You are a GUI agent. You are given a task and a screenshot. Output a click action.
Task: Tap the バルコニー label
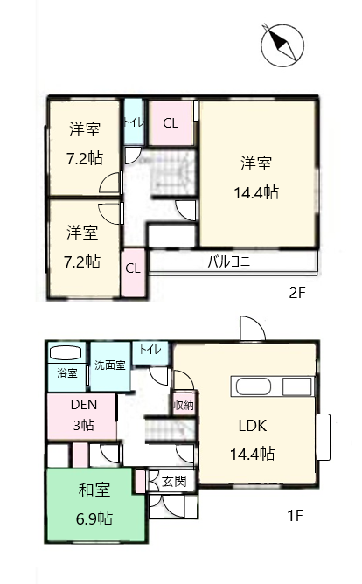tap(233, 262)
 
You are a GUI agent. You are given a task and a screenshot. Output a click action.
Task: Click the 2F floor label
tap(297, 293)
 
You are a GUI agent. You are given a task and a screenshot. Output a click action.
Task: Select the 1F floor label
tap(295, 516)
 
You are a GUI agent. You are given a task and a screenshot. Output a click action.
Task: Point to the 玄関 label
tap(174, 481)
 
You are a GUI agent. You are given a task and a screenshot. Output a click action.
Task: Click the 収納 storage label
tap(184, 405)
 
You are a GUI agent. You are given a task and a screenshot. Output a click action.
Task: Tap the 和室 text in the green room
tap(94, 490)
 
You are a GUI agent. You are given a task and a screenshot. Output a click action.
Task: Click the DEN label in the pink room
tap(84, 405)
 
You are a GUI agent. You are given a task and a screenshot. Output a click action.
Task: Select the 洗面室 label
tap(110, 365)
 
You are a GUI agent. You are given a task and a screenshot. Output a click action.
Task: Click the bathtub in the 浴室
tap(66, 353)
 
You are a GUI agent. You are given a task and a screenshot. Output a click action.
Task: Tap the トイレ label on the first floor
tap(150, 350)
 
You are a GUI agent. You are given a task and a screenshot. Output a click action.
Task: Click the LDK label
tap(253, 426)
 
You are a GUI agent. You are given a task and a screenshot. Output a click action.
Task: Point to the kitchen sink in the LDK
tap(253, 386)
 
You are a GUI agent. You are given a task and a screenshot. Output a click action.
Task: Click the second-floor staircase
tap(172, 173)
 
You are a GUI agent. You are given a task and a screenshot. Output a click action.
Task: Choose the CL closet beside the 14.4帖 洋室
tap(171, 123)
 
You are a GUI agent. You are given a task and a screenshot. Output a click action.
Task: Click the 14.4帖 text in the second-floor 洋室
tap(256, 193)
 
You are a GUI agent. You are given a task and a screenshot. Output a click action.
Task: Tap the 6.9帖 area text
tap(94, 518)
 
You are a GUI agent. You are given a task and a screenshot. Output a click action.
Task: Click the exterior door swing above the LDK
tap(253, 328)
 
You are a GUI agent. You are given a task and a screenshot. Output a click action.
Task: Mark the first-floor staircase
tap(170, 430)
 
